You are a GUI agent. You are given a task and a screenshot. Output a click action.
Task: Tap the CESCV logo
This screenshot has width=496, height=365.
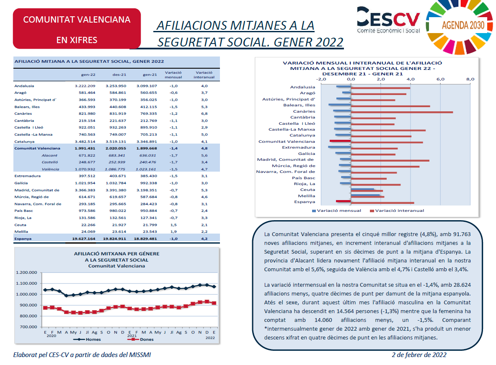[x=388, y=20]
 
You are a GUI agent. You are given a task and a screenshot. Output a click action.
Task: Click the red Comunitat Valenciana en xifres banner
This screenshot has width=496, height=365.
[x=77, y=29]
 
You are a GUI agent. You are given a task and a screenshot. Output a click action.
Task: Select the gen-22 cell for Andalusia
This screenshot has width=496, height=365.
[x=85, y=86]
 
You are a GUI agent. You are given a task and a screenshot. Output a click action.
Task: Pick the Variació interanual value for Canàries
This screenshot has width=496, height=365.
[x=204, y=113]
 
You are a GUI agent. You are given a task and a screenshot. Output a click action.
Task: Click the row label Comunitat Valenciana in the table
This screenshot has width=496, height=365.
[x=37, y=148]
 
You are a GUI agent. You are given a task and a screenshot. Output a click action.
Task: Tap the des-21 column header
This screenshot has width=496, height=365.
[x=119, y=75]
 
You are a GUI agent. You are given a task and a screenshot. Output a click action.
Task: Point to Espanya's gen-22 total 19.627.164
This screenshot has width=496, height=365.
[x=83, y=239]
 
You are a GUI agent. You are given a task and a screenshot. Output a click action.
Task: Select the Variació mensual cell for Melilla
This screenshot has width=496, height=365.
[x=173, y=231]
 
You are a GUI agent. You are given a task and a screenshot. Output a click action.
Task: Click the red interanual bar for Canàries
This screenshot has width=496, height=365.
[x=402, y=112]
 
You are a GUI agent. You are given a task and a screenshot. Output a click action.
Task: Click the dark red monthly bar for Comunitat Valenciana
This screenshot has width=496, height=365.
[x=340, y=141]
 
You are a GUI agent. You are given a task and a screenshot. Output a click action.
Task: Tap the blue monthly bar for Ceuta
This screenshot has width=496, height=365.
[x=362, y=189]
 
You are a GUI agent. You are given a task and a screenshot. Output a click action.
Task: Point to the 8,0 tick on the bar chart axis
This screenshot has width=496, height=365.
[x=470, y=79]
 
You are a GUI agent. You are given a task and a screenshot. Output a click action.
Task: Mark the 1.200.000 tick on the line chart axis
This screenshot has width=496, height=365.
[x=26, y=272]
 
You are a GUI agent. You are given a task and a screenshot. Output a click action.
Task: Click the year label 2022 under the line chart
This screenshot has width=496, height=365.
[x=210, y=338]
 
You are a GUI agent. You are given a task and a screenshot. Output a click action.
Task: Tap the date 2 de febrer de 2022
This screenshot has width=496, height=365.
[x=419, y=355]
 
